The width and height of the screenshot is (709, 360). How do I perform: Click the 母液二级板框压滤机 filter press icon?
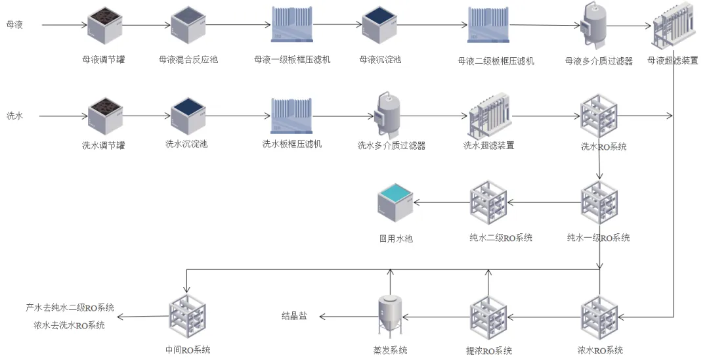coord(489,26)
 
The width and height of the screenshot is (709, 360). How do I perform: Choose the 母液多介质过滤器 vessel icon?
coord(595,25)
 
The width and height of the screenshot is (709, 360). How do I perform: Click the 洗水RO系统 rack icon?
coord(599,116)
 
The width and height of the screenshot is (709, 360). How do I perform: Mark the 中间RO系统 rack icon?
coord(188,317)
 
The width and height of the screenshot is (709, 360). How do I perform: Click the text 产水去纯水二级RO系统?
coord(70,307)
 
